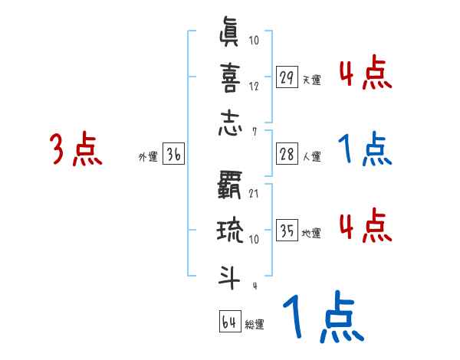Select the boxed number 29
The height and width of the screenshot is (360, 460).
[x=287, y=77]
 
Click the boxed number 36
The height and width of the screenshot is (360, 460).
[x=173, y=155]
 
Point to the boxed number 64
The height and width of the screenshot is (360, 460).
[x=228, y=322]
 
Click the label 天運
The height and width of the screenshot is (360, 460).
[x=311, y=80]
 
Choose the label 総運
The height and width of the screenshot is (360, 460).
[x=254, y=325]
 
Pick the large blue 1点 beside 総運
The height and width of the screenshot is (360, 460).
[x=322, y=319]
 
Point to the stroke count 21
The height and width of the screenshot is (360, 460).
[x=254, y=192]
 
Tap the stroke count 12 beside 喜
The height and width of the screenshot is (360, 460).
[x=254, y=87]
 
